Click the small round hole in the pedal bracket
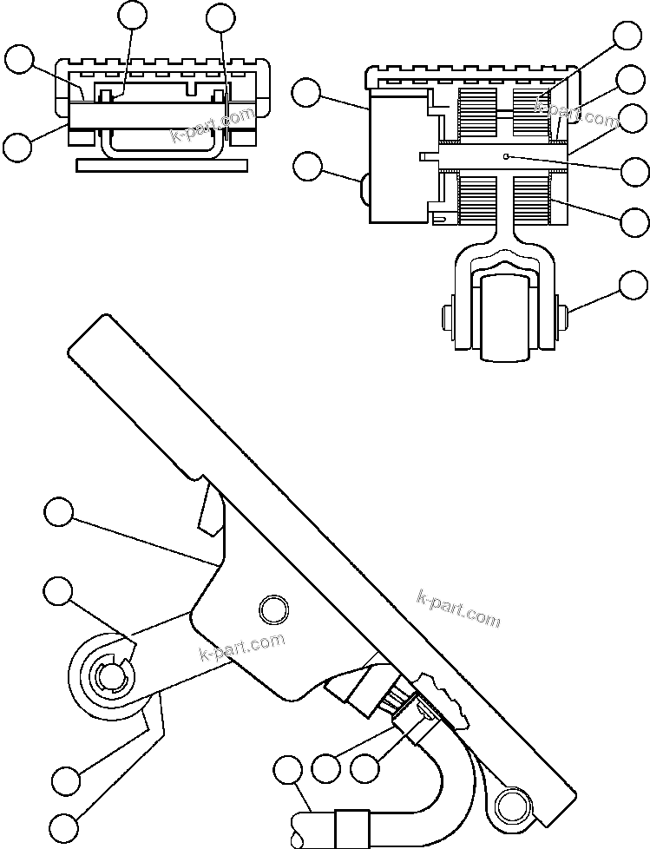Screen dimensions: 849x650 272,609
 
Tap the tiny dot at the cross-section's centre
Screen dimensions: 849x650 506,156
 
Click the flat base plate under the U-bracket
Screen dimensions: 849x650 162,165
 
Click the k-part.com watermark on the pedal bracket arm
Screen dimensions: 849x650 241,648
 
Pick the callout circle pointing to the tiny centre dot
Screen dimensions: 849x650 638,171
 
